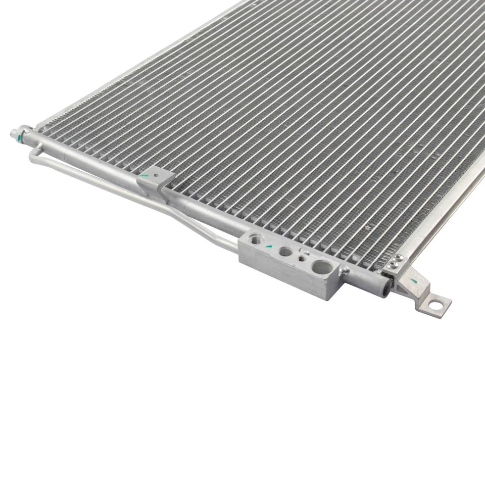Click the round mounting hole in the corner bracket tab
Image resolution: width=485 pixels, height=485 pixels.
(434, 305)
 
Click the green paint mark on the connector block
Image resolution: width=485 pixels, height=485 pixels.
(270, 246)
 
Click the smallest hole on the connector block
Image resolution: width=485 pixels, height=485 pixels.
(302, 259)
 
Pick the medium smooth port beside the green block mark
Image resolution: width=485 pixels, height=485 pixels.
(285, 251)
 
